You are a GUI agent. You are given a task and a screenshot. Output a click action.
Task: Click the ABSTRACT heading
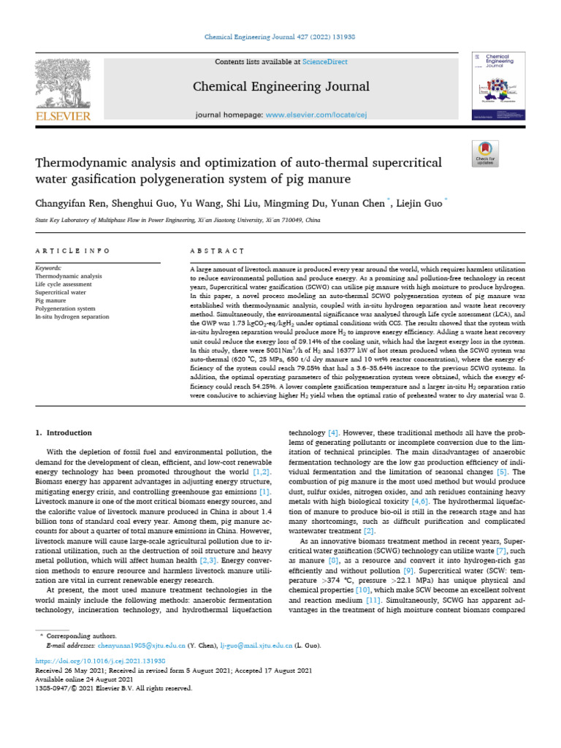click(216, 251)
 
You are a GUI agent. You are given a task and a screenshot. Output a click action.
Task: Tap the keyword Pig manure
click(51, 300)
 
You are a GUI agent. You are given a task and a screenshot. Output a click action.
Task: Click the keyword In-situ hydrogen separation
click(72, 316)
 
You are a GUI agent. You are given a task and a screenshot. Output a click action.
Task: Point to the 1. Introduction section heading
click(64, 433)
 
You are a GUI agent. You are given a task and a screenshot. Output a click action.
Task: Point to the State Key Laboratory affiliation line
click(175, 218)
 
